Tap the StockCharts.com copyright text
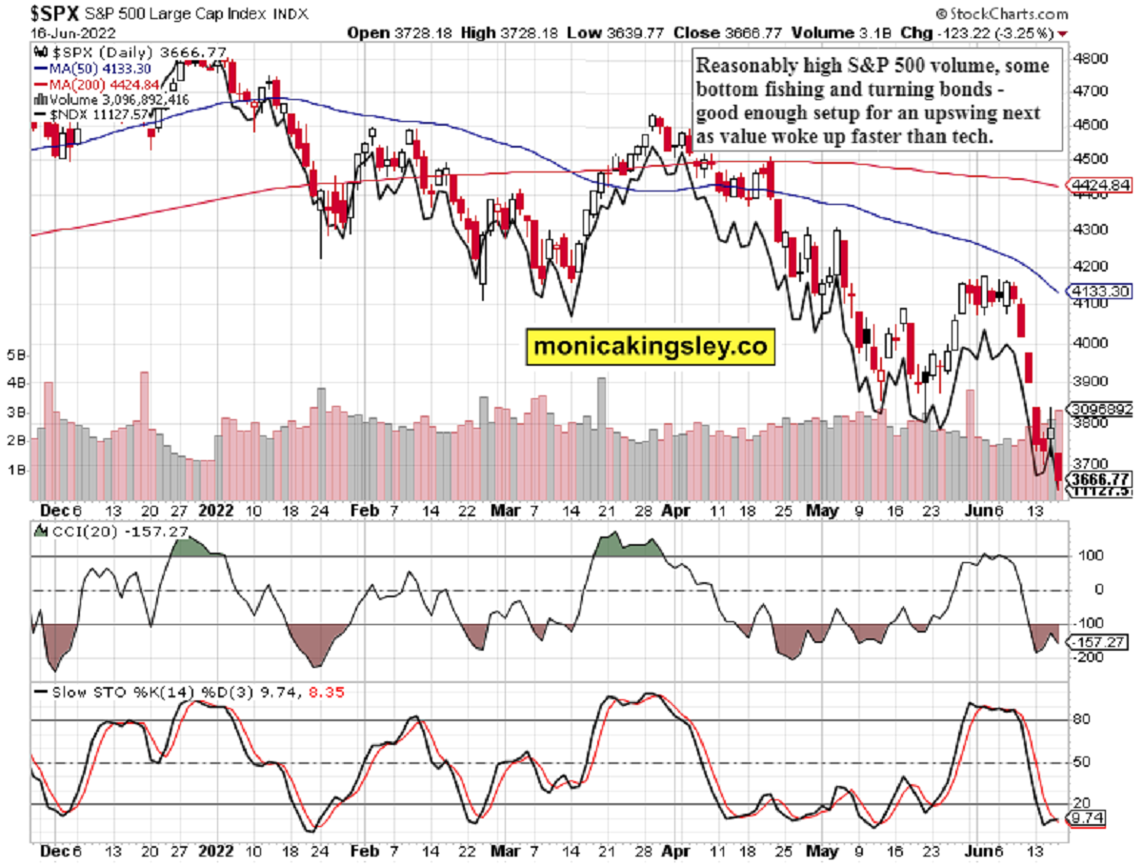coord(1001,14)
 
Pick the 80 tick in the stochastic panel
coord(1073,720)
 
